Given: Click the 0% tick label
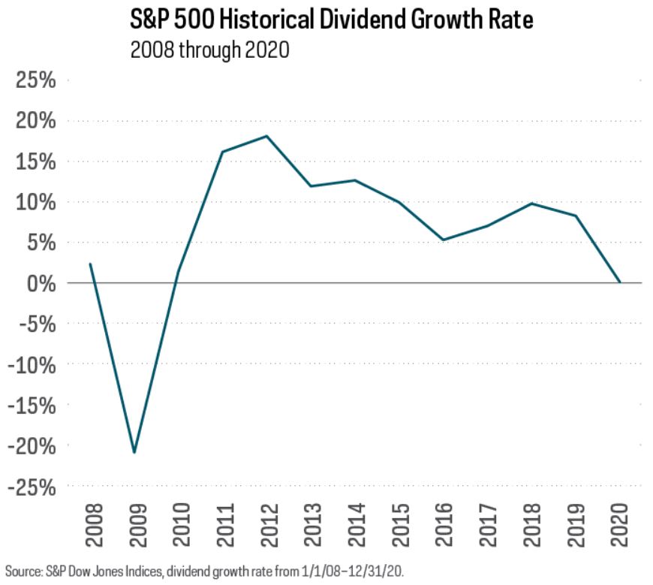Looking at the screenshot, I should point(40,283).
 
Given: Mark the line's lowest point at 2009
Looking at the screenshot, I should point(134,453).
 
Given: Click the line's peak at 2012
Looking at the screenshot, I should point(267,136).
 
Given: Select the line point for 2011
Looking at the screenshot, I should point(223,152).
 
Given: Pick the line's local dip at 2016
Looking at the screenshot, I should point(444,240).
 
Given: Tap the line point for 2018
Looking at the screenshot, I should point(531,204).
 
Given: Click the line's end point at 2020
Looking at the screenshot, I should point(620,282).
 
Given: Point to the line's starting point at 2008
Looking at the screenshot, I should point(90,264).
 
